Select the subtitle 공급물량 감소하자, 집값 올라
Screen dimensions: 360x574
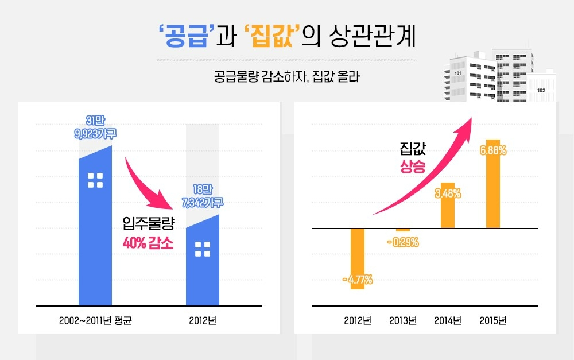pyautogui.click(x=286, y=76)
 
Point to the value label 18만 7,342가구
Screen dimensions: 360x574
pyautogui.click(x=203, y=195)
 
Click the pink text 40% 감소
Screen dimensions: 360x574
pyautogui.click(x=148, y=243)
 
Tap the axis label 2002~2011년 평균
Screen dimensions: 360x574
pyautogui.click(x=95, y=320)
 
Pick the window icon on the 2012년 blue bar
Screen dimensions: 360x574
pyautogui.click(x=203, y=249)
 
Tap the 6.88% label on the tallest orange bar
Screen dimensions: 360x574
pyautogui.click(x=494, y=151)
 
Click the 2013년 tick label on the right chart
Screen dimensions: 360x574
pyautogui.click(x=402, y=320)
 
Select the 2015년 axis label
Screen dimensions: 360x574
pyautogui.click(x=493, y=320)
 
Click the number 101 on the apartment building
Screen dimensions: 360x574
pyautogui.click(x=457, y=73)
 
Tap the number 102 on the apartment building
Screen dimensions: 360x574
pyautogui.click(x=541, y=91)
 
